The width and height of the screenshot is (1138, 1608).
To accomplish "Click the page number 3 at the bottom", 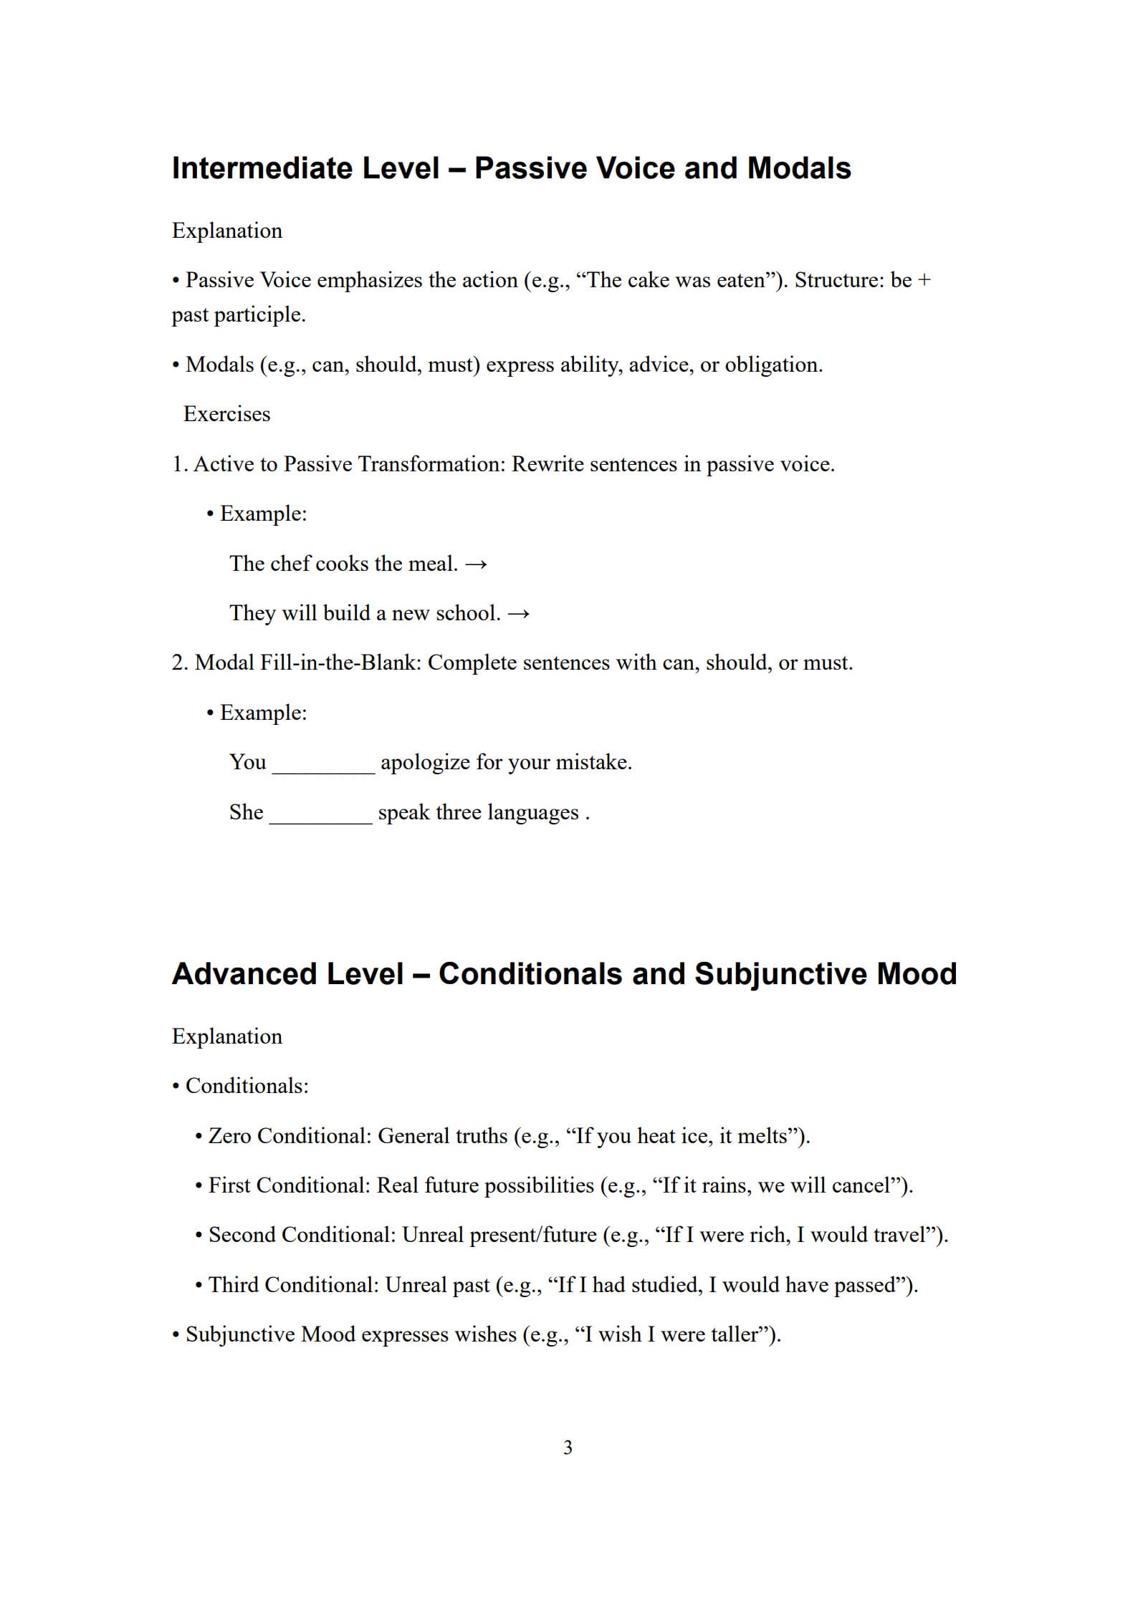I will [568, 1448].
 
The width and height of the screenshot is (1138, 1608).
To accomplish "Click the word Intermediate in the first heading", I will [262, 168].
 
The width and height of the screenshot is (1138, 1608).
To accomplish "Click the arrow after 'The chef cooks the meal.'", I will [477, 564].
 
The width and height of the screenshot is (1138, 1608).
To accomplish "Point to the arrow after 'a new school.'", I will [519, 614].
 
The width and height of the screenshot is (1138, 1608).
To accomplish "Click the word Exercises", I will [226, 414].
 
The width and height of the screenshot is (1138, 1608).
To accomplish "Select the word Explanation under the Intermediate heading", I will [226, 231].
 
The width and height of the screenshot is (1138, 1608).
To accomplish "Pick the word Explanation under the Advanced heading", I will [226, 1036].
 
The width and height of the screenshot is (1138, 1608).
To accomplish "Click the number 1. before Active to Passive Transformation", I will [179, 464].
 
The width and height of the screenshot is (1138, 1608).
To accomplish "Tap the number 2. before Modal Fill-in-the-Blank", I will [180, 663].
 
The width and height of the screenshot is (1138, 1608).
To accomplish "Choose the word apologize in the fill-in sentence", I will [425, 762].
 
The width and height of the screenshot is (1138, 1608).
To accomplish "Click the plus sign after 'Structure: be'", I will [924, 280].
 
